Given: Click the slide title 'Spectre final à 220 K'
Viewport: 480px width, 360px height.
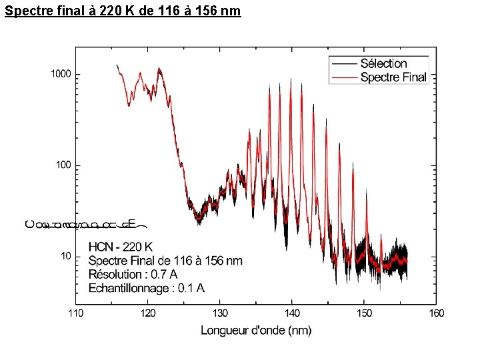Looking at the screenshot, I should pyautogui.click(x=123, y=11).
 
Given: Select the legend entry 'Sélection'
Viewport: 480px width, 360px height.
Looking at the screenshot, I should pyautogui.click(x=383, y=64).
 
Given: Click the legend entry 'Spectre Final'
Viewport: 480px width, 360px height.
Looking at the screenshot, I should pyautogui.click(x=393, y=77).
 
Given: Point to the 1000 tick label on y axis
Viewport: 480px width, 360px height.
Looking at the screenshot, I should pyautogui.click(x=61, y=74).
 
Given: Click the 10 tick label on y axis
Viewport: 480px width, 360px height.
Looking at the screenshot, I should pyautogui.click(x=67, y=256).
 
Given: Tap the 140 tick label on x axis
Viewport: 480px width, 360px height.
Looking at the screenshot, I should pyautogui.click(x=292, y=313).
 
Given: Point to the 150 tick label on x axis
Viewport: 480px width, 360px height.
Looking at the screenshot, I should pyautogui.click(x=364, y=313).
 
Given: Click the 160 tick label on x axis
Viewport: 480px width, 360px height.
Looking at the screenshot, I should pyautogui.click(x=436, y=313).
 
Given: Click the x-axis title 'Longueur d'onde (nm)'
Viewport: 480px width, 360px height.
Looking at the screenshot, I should pyautogui.click(x=256, y=330).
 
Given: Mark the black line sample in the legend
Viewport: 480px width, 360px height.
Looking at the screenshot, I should pyautogui.click(x=343, y=63).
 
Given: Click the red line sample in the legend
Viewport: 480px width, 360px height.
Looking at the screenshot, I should pyautogui.click(x=343, y=77).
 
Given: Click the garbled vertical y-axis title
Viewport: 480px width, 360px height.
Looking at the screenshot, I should pyautogui.click(x=80, y=223).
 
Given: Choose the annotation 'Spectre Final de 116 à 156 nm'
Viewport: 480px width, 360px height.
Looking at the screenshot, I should pyautogui.click(x=165, y=260).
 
